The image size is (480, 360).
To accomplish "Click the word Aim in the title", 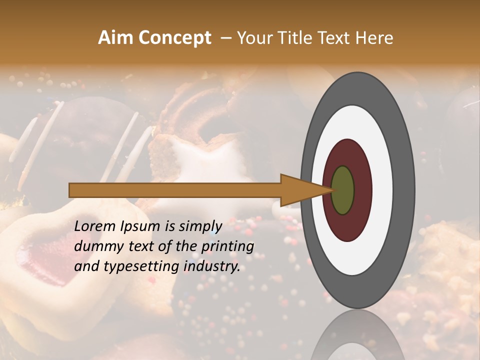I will point(115,38).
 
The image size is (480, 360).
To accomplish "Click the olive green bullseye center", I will point(342,190).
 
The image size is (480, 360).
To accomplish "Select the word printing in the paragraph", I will point(227,246).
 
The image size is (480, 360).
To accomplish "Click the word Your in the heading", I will point(252,38).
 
